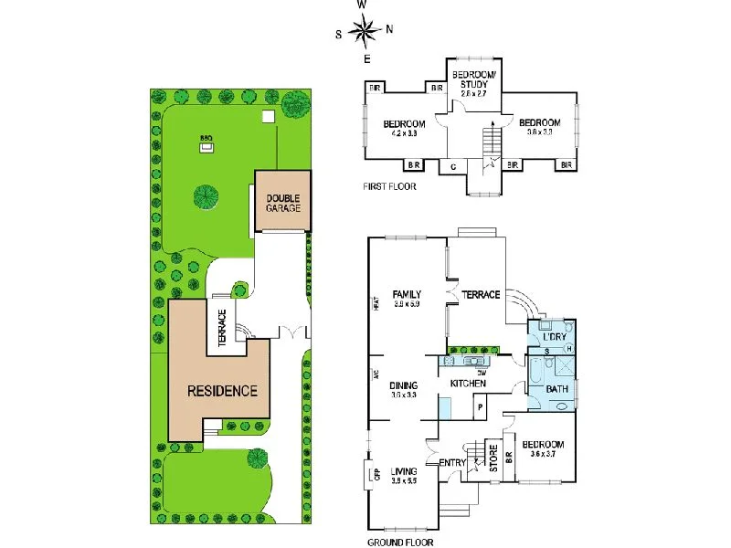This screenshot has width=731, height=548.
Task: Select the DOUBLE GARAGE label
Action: (282, 203)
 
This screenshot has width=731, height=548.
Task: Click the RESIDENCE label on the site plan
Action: (222, 390)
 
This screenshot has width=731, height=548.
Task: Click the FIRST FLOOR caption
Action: (389, 186)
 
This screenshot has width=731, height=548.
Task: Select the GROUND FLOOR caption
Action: (400, 541)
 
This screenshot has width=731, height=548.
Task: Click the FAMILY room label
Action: (407, 294)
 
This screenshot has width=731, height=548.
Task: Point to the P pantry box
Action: (479, 405)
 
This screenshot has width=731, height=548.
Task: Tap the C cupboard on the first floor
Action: (454, 166)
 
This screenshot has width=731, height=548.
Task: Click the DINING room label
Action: (403, 385)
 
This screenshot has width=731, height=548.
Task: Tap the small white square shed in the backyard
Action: (267, 117)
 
